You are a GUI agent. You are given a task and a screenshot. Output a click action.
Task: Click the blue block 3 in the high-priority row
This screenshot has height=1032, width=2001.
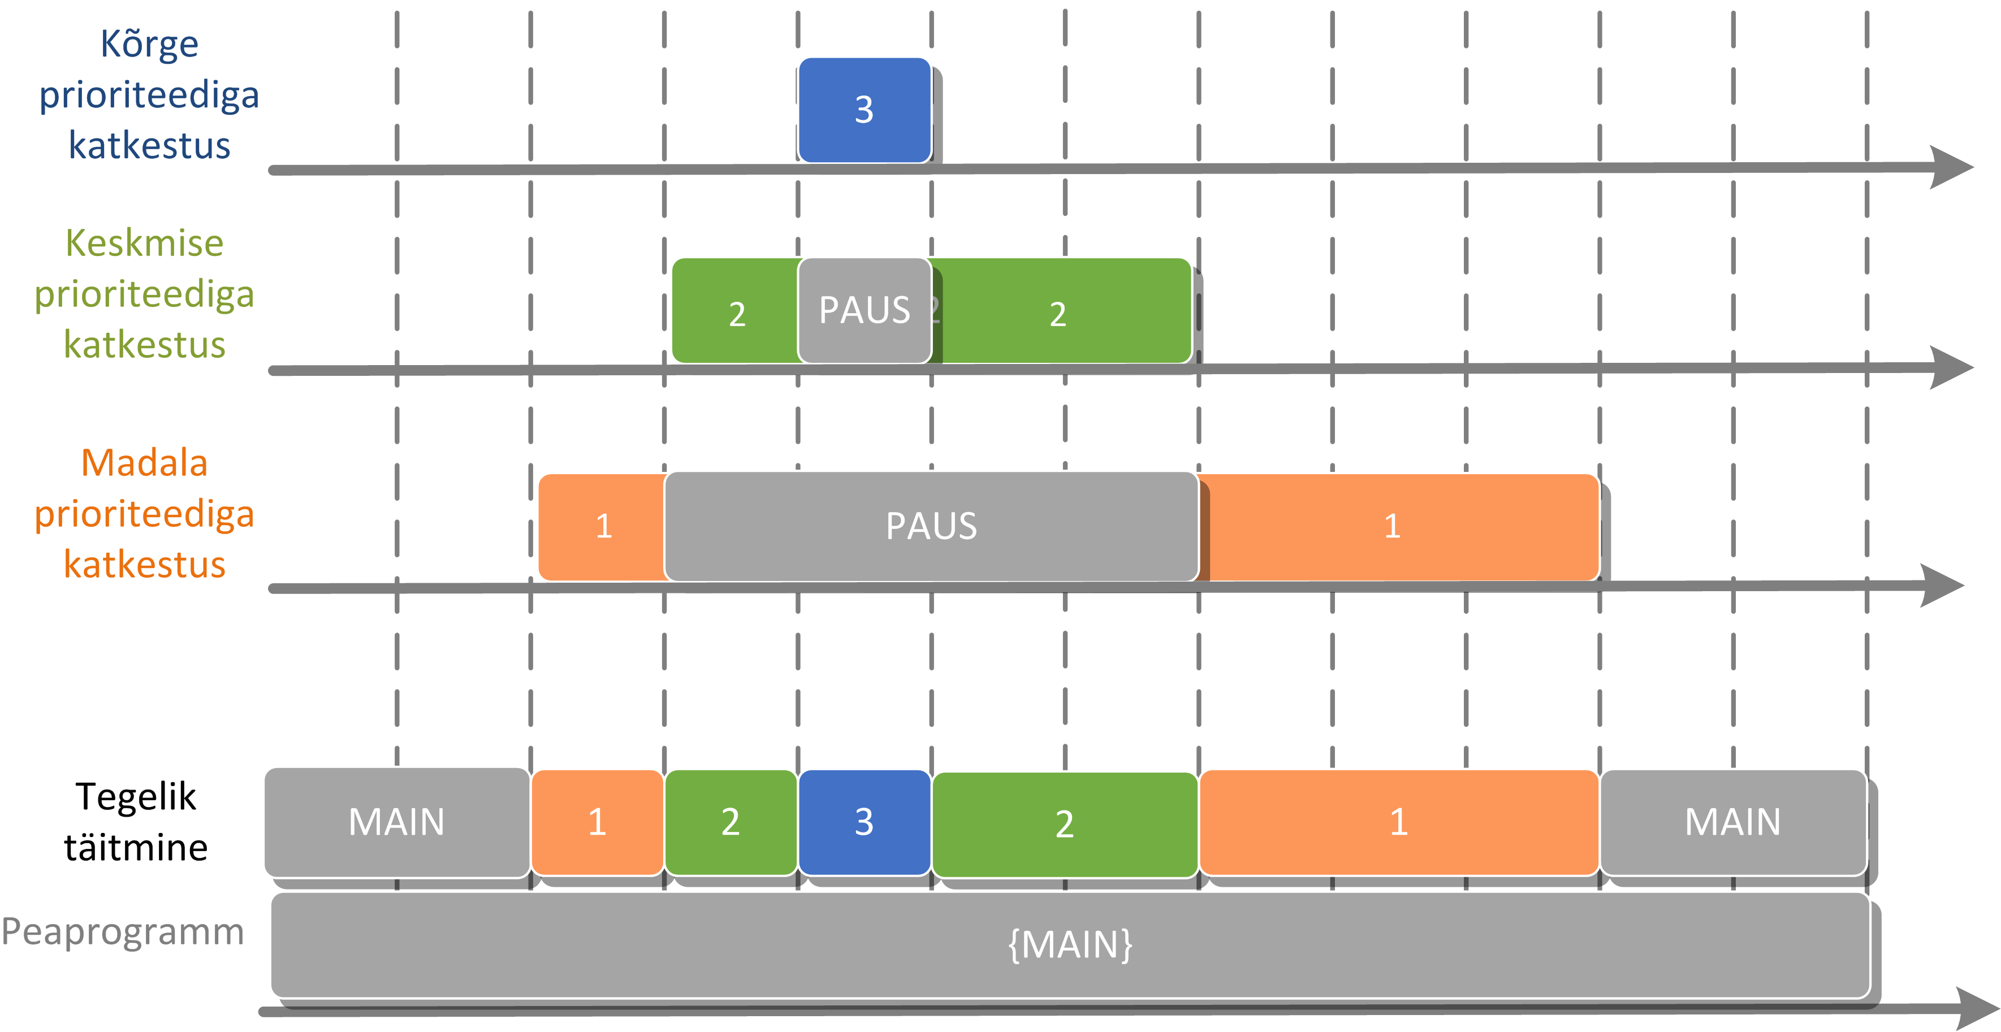[865, 110]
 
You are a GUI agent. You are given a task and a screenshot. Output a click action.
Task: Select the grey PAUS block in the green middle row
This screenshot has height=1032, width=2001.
[865, 311]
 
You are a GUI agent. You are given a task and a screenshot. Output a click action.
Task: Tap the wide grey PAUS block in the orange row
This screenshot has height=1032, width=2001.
[931, 526]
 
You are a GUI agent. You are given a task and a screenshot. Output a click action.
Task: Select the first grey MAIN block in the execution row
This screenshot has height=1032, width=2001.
[397, 822]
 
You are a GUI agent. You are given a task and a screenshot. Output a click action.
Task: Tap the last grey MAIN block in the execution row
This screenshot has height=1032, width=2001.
[1733, 822]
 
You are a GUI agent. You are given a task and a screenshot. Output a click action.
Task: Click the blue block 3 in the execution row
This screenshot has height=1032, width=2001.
[865, 822]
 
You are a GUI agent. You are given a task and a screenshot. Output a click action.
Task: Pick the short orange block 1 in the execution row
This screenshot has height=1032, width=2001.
[597, 822]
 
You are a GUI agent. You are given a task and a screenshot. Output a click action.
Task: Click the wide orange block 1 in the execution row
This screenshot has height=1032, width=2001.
[1399, 822]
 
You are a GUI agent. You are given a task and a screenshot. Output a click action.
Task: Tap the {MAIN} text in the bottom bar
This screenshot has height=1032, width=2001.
[1070, 944]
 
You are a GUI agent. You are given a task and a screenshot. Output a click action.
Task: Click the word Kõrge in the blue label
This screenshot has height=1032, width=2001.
[149, 44]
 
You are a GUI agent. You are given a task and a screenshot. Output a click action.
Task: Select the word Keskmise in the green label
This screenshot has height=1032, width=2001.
[145, 243]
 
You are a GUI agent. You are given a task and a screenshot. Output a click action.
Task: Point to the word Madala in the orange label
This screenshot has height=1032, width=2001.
[145, 463]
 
